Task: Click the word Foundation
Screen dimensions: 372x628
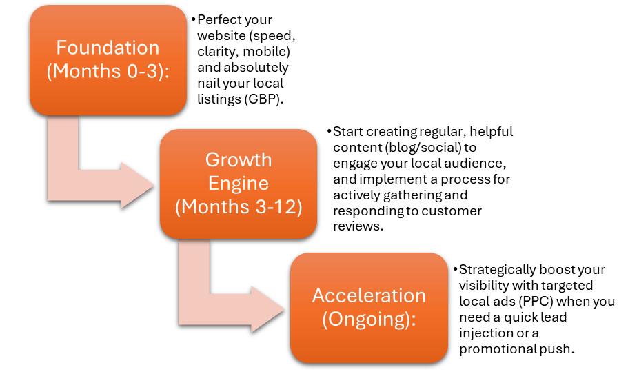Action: click(x=108, y=48)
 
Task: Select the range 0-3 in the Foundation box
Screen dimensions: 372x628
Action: click(x=141, y=71)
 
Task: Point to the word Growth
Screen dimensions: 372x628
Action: click(x=238, y=160)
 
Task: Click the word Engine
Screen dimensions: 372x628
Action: click(x=238, y=184)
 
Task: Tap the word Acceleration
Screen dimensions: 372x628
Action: click(x=369, y=296)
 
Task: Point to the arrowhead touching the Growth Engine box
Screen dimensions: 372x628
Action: click(x=138, y=185)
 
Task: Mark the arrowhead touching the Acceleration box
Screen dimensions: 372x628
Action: click(x=269, y=309)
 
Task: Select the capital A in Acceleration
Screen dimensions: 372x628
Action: click(x=318, y=296)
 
